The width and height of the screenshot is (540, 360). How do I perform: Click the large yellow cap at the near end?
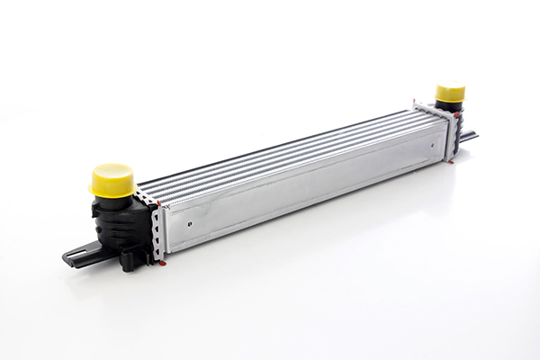click(x=112, y=179)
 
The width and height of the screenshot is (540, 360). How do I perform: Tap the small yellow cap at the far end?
click(x=450, y=94)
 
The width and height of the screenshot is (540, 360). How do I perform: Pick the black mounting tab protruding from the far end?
click(x=467, y=137)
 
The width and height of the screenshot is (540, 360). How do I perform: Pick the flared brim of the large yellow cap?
click(x=112, y=188)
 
